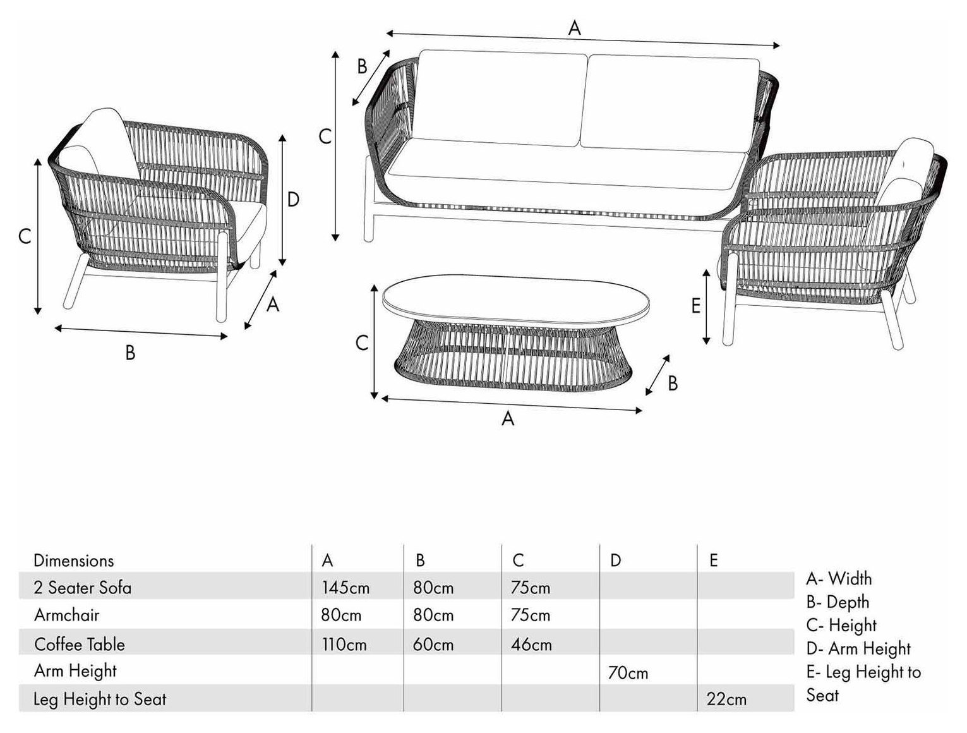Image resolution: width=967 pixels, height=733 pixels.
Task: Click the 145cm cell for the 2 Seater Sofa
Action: pos(345,588)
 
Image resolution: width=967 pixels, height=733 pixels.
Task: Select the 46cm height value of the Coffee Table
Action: pos(531,645)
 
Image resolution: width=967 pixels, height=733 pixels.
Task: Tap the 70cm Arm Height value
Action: pos(628,673)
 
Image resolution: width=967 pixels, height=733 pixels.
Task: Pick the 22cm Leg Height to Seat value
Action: pos(726,700)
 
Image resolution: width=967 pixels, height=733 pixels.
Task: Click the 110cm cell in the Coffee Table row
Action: pos(344,645)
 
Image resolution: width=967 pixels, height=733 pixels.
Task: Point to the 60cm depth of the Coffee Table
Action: pos(433,645)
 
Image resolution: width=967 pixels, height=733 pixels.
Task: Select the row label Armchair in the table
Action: pos(66,615)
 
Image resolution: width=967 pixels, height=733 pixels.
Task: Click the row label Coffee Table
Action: pos(80,645)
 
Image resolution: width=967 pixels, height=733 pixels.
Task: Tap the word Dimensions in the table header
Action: pos(73,560)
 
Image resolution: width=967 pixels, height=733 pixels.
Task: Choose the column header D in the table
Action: pos(615,560)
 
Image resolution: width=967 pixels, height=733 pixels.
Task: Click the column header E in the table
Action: pos(714,560)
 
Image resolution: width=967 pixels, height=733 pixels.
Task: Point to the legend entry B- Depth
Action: pos(838,602)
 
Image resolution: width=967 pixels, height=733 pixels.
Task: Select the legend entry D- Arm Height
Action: pos(858,648)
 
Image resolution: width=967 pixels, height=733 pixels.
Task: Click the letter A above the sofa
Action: pos(575,28)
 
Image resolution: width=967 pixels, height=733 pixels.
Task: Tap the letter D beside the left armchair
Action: pos(294,199)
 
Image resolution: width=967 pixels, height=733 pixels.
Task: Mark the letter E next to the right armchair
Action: pos(695,306)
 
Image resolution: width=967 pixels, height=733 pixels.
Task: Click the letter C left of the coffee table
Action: pos(362,343)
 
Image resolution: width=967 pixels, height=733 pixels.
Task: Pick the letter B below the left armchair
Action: pos(130,353)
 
